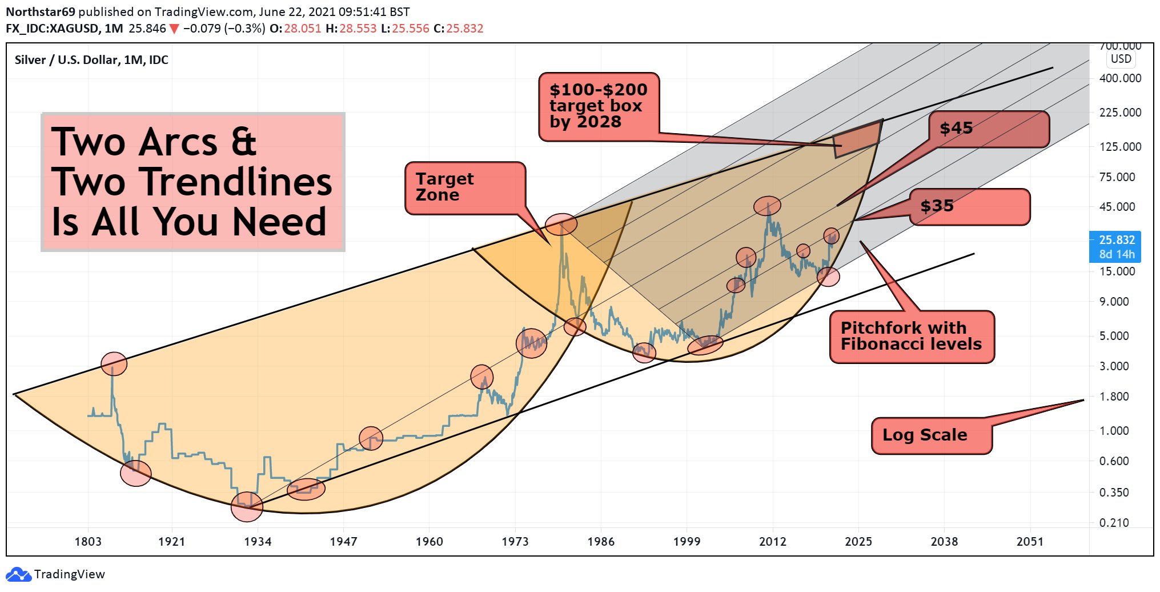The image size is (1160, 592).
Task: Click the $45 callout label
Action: tap(989, 129)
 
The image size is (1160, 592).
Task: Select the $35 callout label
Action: tap(969, 206)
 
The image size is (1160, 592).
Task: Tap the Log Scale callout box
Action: tap(931, 435)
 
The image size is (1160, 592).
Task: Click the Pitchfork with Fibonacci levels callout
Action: tap(912, 337)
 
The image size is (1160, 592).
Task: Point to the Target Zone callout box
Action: tap(464, 187)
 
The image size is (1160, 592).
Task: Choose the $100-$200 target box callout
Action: tap(599, 106)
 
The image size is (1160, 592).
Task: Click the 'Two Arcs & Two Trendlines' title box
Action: tap(192, 182)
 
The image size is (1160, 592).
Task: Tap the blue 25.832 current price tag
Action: tap(1116, 247)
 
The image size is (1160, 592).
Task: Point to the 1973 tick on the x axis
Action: tap(515, 542)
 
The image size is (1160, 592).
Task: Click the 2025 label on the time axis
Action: tap(858, 542)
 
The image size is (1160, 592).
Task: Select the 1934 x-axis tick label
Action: tap(258, 542)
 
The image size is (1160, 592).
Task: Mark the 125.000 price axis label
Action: tap(1120, 147)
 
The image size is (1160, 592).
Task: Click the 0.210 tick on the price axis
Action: tap(1114, 523)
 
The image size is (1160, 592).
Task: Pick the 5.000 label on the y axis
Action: tap(1114, 336)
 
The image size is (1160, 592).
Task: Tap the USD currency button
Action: tap(1121, 59)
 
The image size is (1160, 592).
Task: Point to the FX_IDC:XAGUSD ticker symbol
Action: tap(52, 29)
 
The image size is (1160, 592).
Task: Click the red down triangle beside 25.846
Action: tap(174, 29)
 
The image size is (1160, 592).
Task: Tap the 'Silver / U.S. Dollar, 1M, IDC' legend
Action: tap(91, 60)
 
